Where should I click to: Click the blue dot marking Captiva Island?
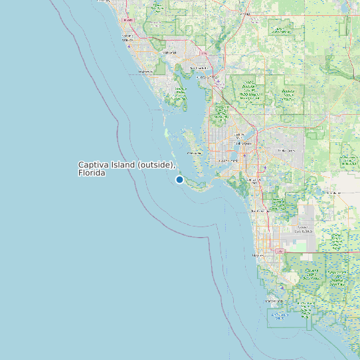179,179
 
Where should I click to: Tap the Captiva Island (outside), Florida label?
126,169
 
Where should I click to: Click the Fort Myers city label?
242,143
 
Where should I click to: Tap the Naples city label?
258,255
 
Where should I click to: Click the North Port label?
169,52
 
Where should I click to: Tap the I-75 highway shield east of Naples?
280,251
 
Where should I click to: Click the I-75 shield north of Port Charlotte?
203,52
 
